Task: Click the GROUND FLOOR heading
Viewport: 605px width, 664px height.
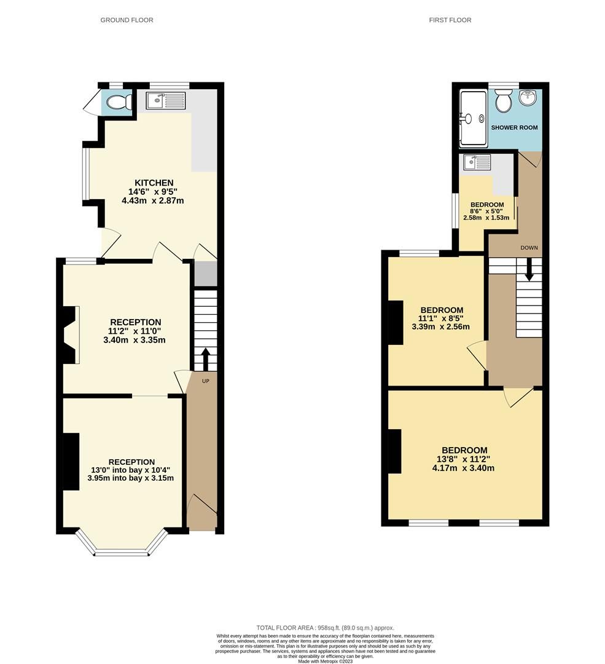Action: [x=127, y=20]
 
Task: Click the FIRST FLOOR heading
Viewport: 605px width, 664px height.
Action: [x=450, y=20]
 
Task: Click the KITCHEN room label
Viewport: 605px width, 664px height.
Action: [x=154, y=183]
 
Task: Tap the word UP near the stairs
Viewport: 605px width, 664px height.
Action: [x=206, y=382]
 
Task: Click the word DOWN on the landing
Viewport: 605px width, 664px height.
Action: [x=529, y=248]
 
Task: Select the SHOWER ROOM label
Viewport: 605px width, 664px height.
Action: [x=514, y=128]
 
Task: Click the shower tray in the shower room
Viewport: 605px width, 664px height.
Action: [x=473, y=118]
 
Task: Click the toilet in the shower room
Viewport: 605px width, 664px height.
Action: [x=504, y=101]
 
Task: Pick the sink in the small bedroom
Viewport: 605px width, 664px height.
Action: [x=478, y=163]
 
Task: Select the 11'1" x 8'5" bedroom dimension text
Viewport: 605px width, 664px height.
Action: [x=441, y=318]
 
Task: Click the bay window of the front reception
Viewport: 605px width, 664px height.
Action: [x=122, y=547]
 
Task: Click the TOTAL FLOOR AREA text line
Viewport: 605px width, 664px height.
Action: [x=325, y=628]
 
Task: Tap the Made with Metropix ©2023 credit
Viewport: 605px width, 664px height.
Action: [x=325, y=661]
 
